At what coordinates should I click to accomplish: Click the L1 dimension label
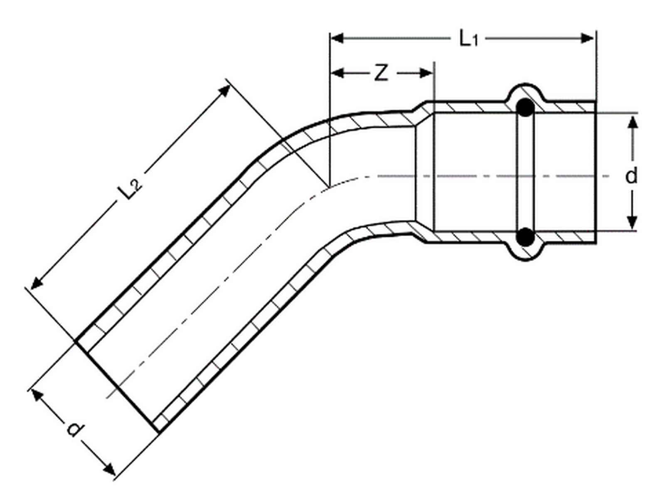coord(468,39)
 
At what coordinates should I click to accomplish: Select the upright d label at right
coord(631,176)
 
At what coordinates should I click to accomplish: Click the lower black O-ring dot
coord(525,237)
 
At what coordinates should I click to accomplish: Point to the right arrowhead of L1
coord(587,38)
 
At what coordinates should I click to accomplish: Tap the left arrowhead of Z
coord(338,73)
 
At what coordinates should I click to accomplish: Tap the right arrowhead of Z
coord(425,73)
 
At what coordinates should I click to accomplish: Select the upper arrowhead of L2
coord(224,91)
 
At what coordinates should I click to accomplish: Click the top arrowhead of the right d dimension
coord(633,122)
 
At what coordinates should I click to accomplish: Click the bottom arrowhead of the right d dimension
coord(633,223)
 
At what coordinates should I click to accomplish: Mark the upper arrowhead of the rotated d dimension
coord(37,395)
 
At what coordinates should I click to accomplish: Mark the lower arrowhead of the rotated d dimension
coord(109,468)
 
